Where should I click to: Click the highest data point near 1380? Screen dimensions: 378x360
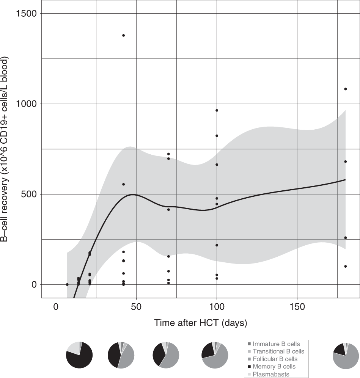click(x=123, y=35)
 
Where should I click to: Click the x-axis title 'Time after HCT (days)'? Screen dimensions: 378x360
click(x=200, y=323)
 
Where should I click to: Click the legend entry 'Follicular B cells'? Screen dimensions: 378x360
click(x=275, y=359)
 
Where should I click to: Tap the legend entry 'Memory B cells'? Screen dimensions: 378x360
click(x=274, y=367)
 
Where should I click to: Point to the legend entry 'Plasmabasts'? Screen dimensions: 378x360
click(x=271, y=374)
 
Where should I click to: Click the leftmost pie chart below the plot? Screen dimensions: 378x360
click(x=79, y=355)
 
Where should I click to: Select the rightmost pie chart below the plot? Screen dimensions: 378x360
click(x=346, y=355)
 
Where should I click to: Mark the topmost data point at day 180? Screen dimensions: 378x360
click(x=345, y=89)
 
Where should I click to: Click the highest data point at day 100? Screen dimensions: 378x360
click(x=217, y=110)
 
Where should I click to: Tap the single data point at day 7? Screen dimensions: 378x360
click(x=67, y=284)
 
